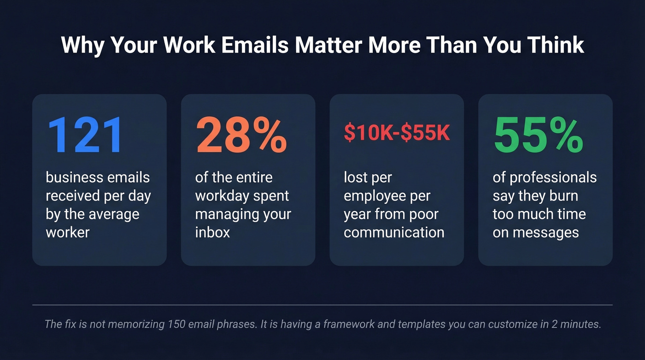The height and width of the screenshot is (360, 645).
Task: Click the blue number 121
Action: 85,135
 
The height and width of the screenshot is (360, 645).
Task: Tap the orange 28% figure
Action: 242,135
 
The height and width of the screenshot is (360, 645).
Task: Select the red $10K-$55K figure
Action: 397,133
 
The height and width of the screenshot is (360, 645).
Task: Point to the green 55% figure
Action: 539,135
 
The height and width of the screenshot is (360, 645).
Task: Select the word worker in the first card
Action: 68,232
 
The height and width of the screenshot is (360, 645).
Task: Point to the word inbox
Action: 212,232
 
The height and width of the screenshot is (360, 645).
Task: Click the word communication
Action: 394,232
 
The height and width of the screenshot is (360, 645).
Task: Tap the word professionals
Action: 553,177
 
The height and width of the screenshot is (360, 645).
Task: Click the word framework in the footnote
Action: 357,324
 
